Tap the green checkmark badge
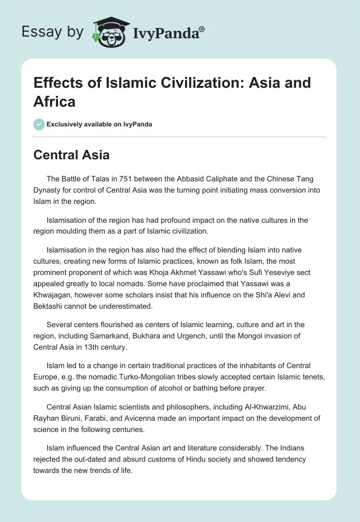click(x=39, y=124)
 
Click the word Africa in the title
click(x=54, y=101)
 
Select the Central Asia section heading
click(x=72, y=155)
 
